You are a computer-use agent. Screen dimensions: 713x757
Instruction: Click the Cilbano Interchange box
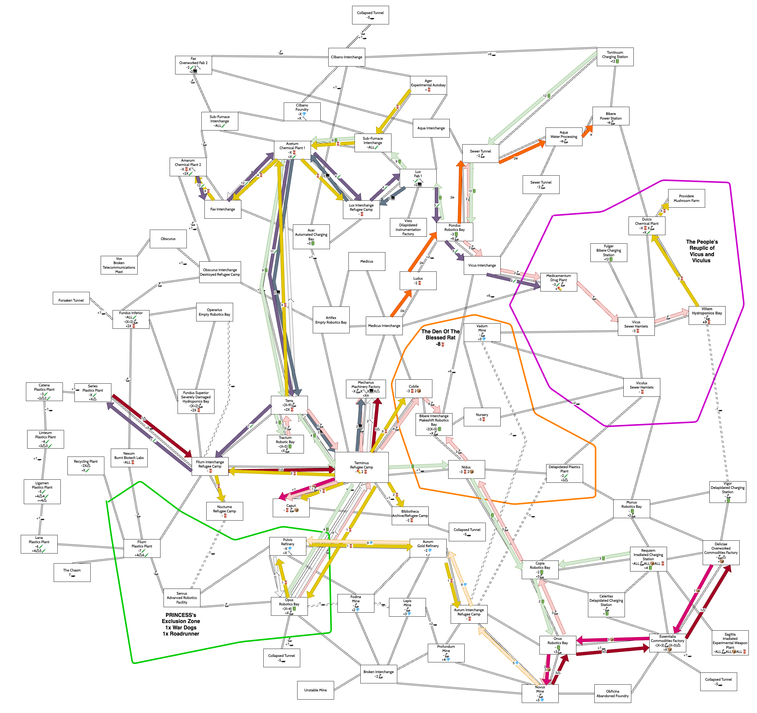tap(347, 57)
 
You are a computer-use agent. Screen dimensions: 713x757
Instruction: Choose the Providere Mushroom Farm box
tap(686, 198)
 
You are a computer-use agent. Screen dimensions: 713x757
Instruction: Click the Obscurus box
tap(168, 239)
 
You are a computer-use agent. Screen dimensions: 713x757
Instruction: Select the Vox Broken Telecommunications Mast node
tap(119, 265)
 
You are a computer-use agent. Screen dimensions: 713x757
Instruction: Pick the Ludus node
tap(418, 281)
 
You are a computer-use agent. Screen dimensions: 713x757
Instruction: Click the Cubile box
tap(413, 388)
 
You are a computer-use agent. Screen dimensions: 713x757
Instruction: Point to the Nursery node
tap(482, 417)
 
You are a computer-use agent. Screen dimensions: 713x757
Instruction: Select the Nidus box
tap(466, 469)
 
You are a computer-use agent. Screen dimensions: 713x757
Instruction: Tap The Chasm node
tap(72, 572)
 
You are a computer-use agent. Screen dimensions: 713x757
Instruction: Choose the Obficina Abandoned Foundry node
tap(612, 693)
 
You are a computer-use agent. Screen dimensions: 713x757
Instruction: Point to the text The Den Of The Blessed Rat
tap(440, 337)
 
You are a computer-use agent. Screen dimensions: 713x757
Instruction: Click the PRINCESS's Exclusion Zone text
tap(181, 624)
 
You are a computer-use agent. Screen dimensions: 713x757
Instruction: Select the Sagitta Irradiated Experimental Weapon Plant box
tap(730, 643)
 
